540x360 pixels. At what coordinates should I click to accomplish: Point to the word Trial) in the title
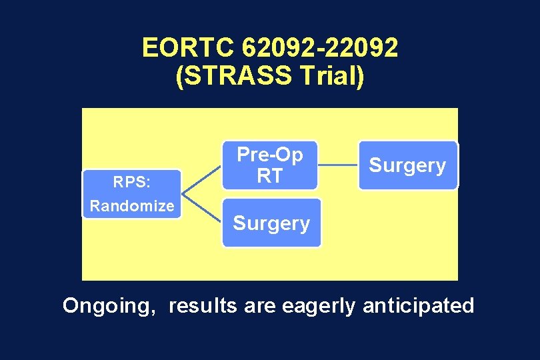(x=331, y=76)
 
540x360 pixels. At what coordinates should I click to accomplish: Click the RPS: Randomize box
(x=131, y=195)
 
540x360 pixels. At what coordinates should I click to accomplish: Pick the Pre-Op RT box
(x=270, y=165)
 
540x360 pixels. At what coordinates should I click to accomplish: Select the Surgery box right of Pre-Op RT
(x=408, y=165)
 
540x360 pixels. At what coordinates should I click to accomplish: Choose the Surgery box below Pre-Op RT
(x=271, y=223)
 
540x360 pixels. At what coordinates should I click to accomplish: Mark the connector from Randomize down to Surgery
(x=201, y=210)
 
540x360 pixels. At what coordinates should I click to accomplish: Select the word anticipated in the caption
(x=418, y=306)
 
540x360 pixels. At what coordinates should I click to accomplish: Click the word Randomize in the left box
(x=131, y=206)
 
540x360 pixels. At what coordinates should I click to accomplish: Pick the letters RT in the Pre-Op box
(x=270, y=176)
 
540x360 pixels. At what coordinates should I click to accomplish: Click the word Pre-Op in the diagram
(x=270, y=155)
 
